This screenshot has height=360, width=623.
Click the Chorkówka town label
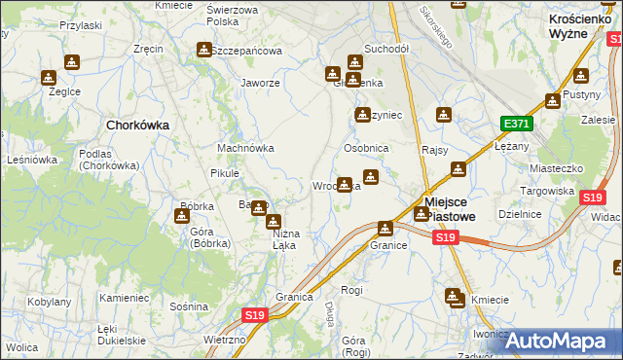click(137, 125)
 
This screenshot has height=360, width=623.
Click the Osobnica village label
click(366, 148)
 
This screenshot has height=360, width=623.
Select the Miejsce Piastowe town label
click(450, 208)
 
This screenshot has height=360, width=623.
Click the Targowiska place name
click(547, 191)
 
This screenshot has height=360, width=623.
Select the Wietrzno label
click(225, 340)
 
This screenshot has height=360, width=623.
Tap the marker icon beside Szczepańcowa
click(204, 50)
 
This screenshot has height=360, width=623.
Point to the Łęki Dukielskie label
click(121, 335)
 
